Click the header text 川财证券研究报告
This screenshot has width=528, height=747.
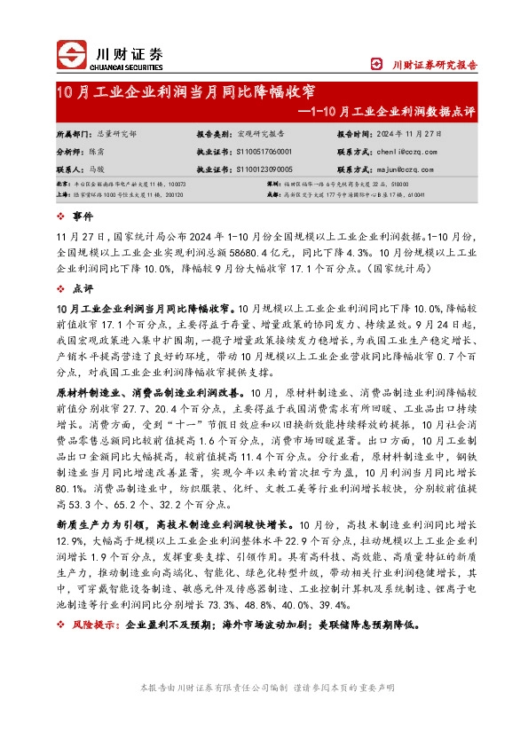coord(435,65)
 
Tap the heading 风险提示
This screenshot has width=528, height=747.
coord(93,625)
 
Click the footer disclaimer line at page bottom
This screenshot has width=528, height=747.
coord(264,688)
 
